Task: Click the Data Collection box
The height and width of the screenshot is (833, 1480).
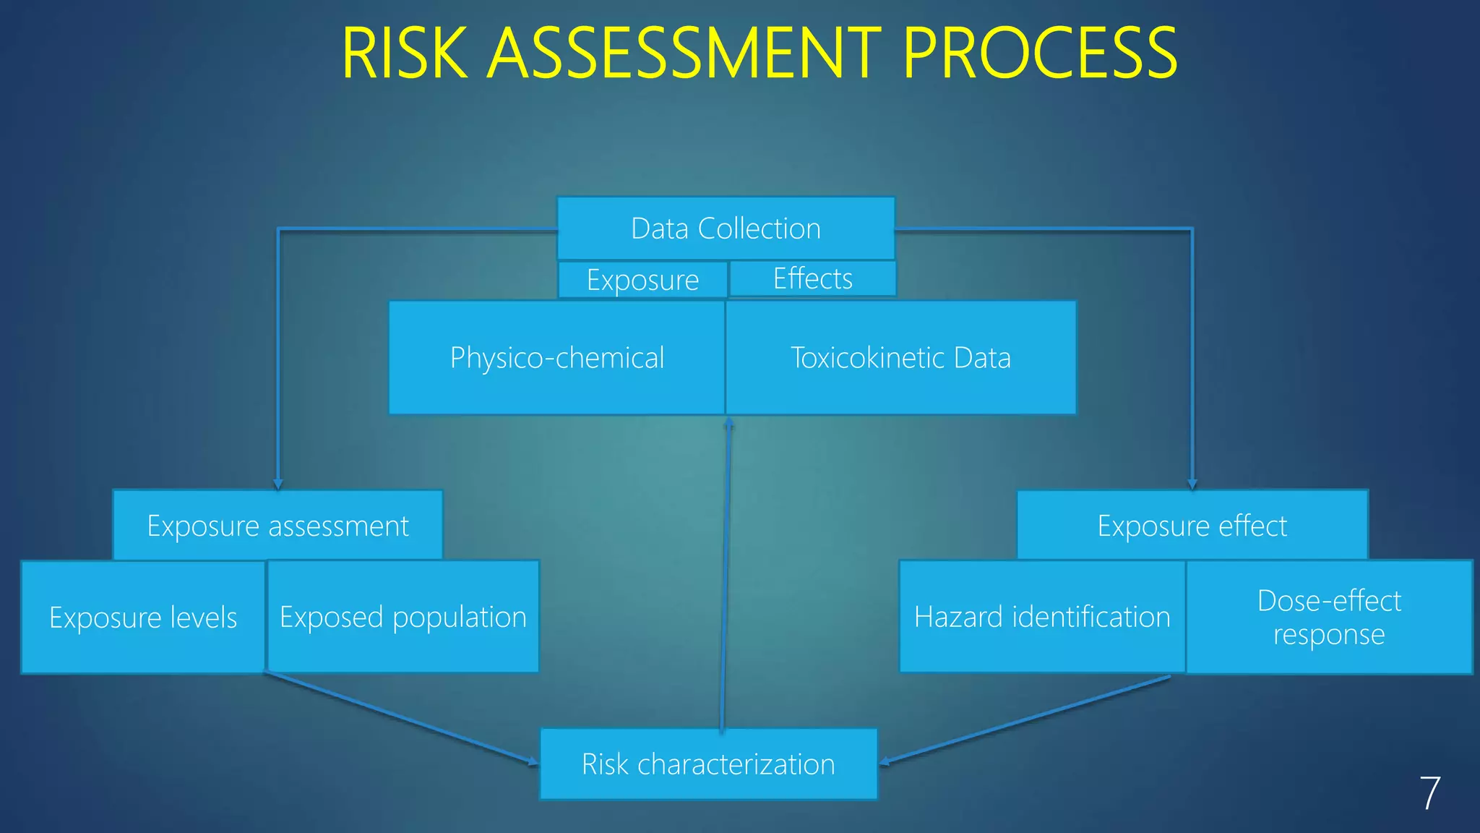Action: pyautogui.click(x=726, y=228)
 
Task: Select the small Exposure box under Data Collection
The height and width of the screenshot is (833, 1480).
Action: pyautogui.click(x=642, y=280)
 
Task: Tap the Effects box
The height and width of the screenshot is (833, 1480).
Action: pyautogui.click(x=812, y=278)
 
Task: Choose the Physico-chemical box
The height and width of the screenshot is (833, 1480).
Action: pyautogui.click(x=556, y=358)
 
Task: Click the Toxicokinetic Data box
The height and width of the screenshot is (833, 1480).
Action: pyautogui.click(x=900, y=358)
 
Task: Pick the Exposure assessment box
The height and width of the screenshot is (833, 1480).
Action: pyautogui.click(x=277, y=526)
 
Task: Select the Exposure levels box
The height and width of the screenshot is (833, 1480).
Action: pyautogui.click(x=143, y=618)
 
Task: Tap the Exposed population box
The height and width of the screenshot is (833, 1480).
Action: pyautogui.click(x=403, y=617)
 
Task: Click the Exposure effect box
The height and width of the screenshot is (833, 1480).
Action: pyautogui.click(x=1192, y=526)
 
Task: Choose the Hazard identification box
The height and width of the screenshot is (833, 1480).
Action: pyautogui.click(x=1042, y=617)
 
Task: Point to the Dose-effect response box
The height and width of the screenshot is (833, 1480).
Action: pyautogui.click(x=1329, y=617)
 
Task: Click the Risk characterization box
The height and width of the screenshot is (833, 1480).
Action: pyautogui.click(x=708, y=764)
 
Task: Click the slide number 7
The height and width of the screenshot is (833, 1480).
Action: pyautogui.click(x=1429, y=793)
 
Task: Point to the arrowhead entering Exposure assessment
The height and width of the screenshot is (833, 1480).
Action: pyautogui.click(x=278, y=484)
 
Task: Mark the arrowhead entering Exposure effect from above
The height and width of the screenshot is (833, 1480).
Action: pyautogui.click(x=1192, y=484)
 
